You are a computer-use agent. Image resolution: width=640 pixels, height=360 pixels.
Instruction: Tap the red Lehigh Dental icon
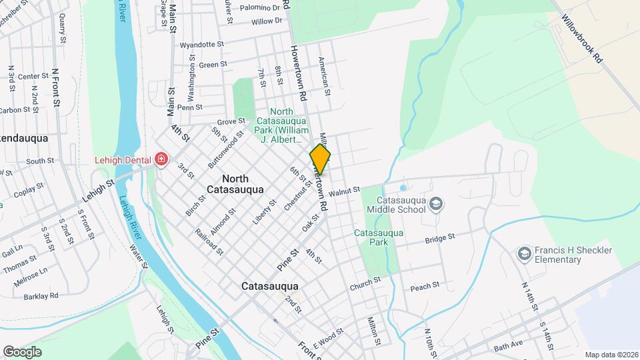161,159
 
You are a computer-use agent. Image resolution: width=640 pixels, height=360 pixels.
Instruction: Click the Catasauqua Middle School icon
436,203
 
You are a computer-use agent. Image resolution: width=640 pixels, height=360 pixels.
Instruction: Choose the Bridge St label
440,237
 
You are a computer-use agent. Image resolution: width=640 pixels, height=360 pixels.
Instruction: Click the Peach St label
425,285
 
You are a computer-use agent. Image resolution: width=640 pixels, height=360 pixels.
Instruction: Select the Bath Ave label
509,347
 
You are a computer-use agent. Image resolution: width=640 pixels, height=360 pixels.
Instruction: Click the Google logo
22,351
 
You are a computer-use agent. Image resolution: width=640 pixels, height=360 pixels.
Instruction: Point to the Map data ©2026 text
611,355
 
